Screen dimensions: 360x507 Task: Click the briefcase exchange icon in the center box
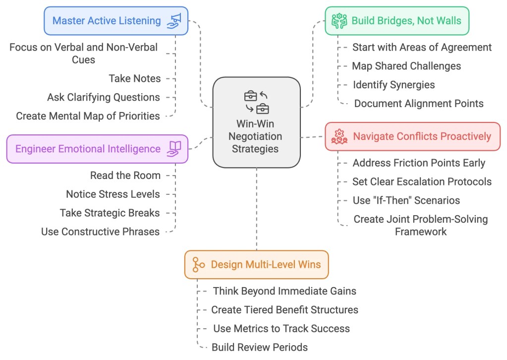click(256, 102)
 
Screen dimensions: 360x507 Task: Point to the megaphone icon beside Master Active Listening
click(174, 21)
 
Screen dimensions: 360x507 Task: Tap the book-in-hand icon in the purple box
click(174, 148)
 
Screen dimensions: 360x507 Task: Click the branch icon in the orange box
click(198, 264)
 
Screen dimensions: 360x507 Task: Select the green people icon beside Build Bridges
click(338, 21)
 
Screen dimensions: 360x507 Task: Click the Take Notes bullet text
click(135, 78)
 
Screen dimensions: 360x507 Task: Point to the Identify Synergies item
click(394, 85)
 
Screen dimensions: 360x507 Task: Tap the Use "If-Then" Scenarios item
click(406, 200)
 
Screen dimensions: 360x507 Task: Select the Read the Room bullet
click(125, 175)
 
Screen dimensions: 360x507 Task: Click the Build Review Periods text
click(259, 347)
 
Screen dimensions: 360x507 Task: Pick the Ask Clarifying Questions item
click(103, 97)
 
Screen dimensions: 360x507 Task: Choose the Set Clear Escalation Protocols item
click(422, 181)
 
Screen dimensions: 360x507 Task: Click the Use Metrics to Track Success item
click(281, 328)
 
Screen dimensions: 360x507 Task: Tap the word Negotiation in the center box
click(256, 136)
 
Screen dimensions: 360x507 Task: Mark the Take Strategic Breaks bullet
click(110, 213)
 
